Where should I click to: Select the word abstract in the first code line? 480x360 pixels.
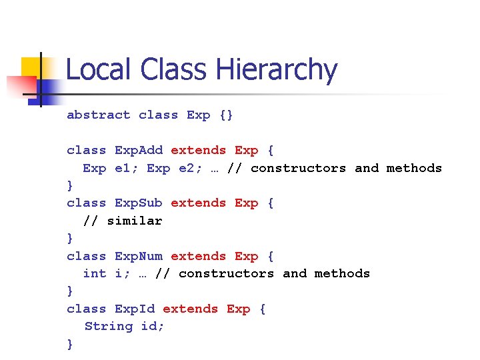(98, 115)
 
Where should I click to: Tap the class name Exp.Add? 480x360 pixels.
(139, 150)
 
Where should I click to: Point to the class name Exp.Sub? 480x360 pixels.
(139, 203)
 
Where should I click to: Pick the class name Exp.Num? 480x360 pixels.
(139, 256)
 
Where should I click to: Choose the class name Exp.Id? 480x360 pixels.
(135, 309)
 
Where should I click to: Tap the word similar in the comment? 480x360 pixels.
(135, 220)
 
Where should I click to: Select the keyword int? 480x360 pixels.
(94, 273)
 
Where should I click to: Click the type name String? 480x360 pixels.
(109, 326)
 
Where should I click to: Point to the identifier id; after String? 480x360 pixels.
(153, 326)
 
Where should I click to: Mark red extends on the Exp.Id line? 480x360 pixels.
(191, 309)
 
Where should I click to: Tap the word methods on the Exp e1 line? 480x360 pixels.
(414, 168)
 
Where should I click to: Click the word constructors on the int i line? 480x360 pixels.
(226, 273)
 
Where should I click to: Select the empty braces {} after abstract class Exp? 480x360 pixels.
(227, 115)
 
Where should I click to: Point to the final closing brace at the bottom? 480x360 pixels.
(70, 344)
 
